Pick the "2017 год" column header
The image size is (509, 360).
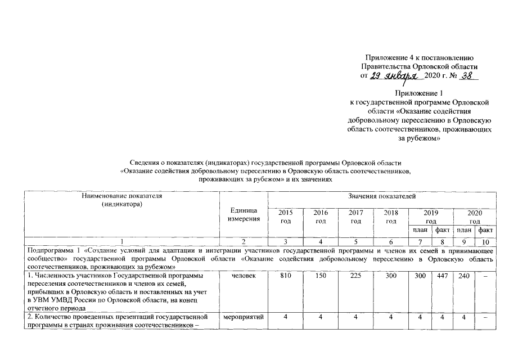coord(355,217)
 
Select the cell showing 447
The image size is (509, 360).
coord(442,277)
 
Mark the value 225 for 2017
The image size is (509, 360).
coord(355,277)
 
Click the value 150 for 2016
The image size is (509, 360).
coord(320,277)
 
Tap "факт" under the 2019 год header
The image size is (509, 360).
coord(442,231)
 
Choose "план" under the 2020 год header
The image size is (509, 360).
coord(463,231)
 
